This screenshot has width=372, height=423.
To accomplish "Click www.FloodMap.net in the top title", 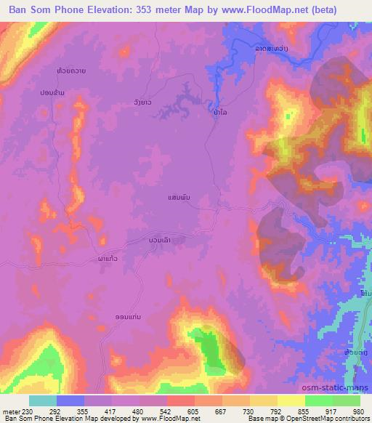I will (x=281, y=9).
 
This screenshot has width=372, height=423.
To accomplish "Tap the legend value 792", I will (x=275, y=410).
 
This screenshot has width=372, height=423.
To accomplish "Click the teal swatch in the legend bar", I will (x=43, y=400).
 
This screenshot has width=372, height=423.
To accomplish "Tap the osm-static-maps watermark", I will (x=344, y=387).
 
